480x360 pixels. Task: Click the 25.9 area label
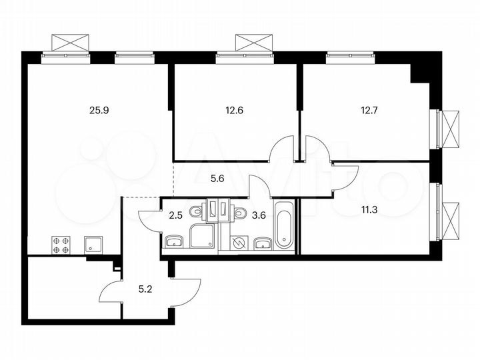click(x=98, y=111)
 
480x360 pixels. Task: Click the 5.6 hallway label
click(x=217, y=177)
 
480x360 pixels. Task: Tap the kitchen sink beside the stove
click(x=91, y=245)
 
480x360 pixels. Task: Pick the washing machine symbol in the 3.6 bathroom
click(x=237, y=243)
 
